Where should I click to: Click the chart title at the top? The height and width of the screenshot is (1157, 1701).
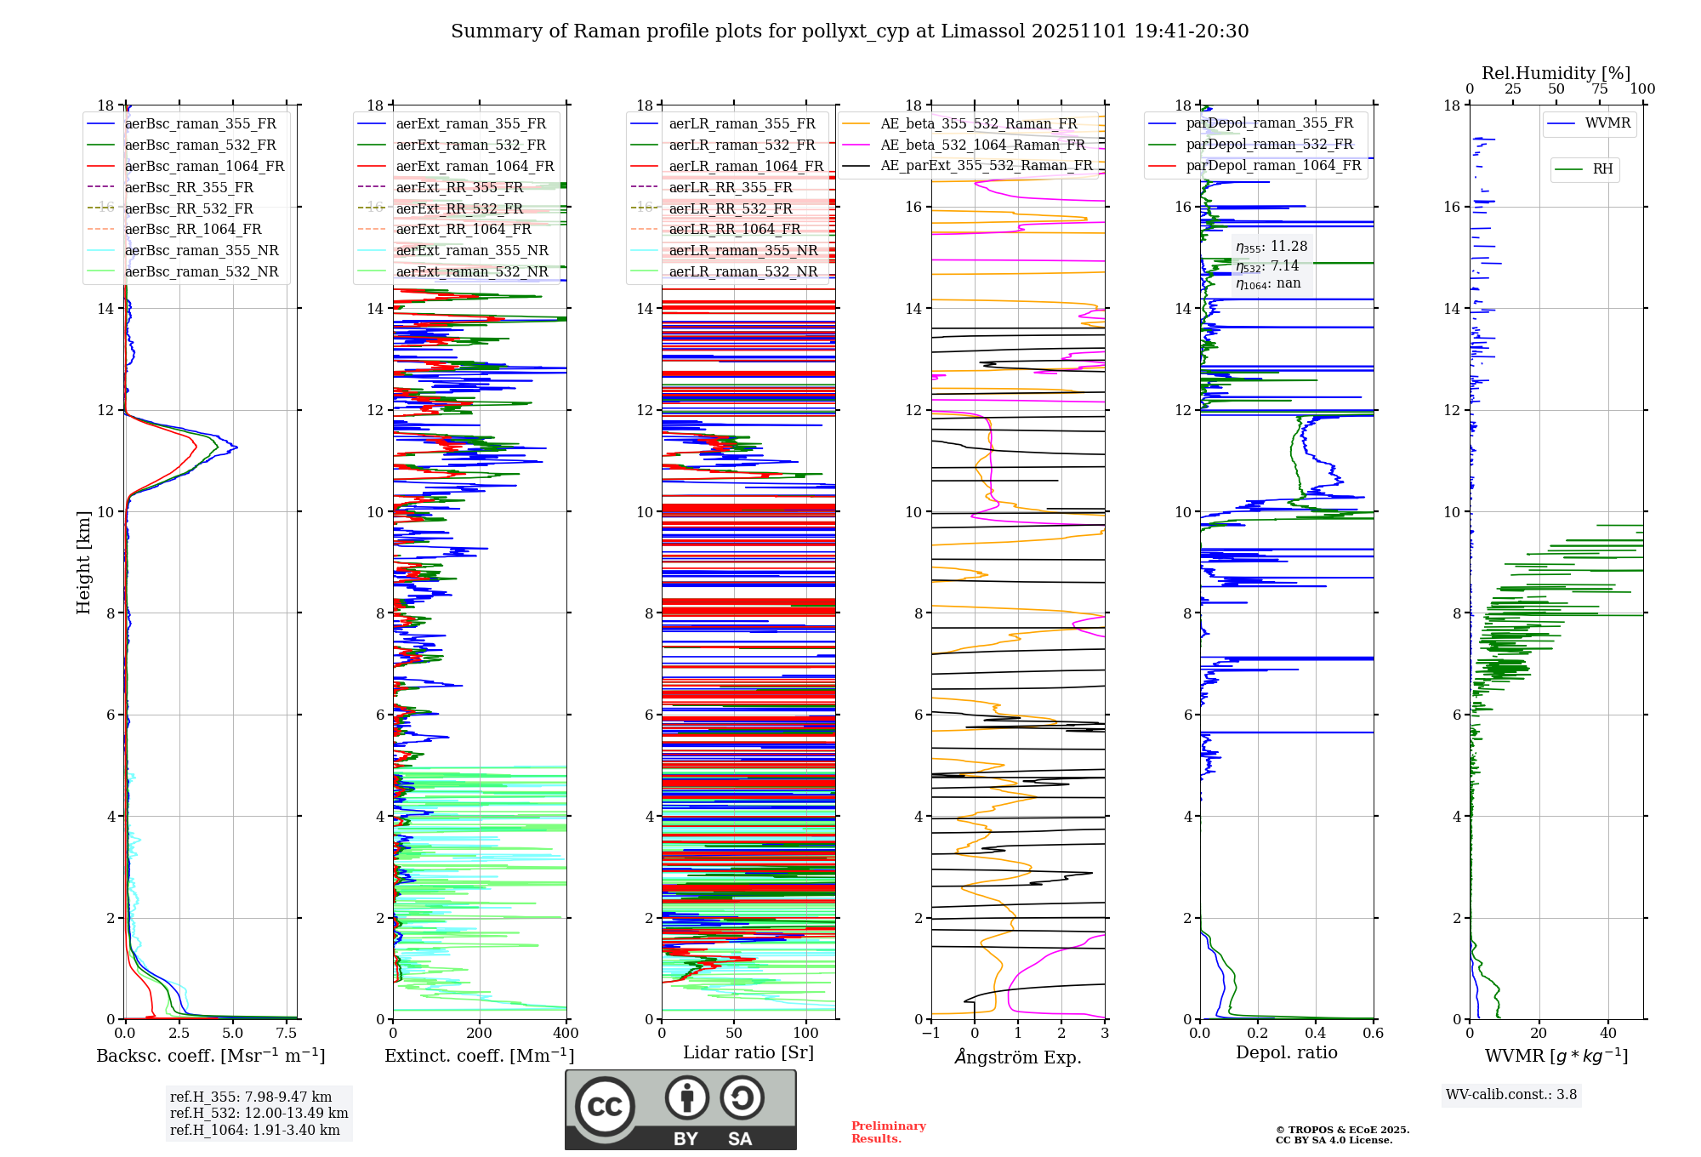[x=850, y=31]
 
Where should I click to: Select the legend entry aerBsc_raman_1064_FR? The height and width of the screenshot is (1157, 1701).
[x=204, y=166]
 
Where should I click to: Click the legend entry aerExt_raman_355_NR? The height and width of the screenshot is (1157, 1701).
[x=472, y=250]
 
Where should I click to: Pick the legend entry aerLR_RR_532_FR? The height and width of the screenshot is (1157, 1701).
[x=730, y=208]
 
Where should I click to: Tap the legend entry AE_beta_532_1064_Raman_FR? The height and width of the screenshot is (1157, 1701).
[x=982, y=145]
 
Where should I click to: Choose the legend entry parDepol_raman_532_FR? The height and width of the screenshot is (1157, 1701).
[x=1269, y=144]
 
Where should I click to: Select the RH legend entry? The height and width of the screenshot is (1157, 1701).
[x=1602, y=169]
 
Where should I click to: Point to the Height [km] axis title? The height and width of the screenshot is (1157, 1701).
[x=83, y=561]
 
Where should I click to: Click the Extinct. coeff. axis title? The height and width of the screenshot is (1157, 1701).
[x=480, y=1056]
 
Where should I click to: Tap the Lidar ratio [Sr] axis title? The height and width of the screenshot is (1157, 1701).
[x=748, y=1052]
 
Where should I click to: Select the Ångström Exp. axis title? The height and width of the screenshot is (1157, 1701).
[x=1018, y=1057]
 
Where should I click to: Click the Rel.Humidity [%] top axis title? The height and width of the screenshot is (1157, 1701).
[x=1556, y=73]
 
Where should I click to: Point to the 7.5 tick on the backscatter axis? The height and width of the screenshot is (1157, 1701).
[x=287, y=1034]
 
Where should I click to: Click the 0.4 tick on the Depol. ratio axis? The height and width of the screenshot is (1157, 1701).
[x=1316, y=1034]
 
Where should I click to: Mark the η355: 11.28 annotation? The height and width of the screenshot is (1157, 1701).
[x=1271, y=247]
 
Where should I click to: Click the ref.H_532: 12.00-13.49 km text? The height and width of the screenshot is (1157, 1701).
[x=259, y=1113]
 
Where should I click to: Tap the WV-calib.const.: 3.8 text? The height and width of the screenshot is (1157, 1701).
[x=1511, y=1095]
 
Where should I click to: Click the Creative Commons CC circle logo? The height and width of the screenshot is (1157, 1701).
[x=605, y=1107]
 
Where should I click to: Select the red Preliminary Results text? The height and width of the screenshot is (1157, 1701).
[x=888, y=1132]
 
